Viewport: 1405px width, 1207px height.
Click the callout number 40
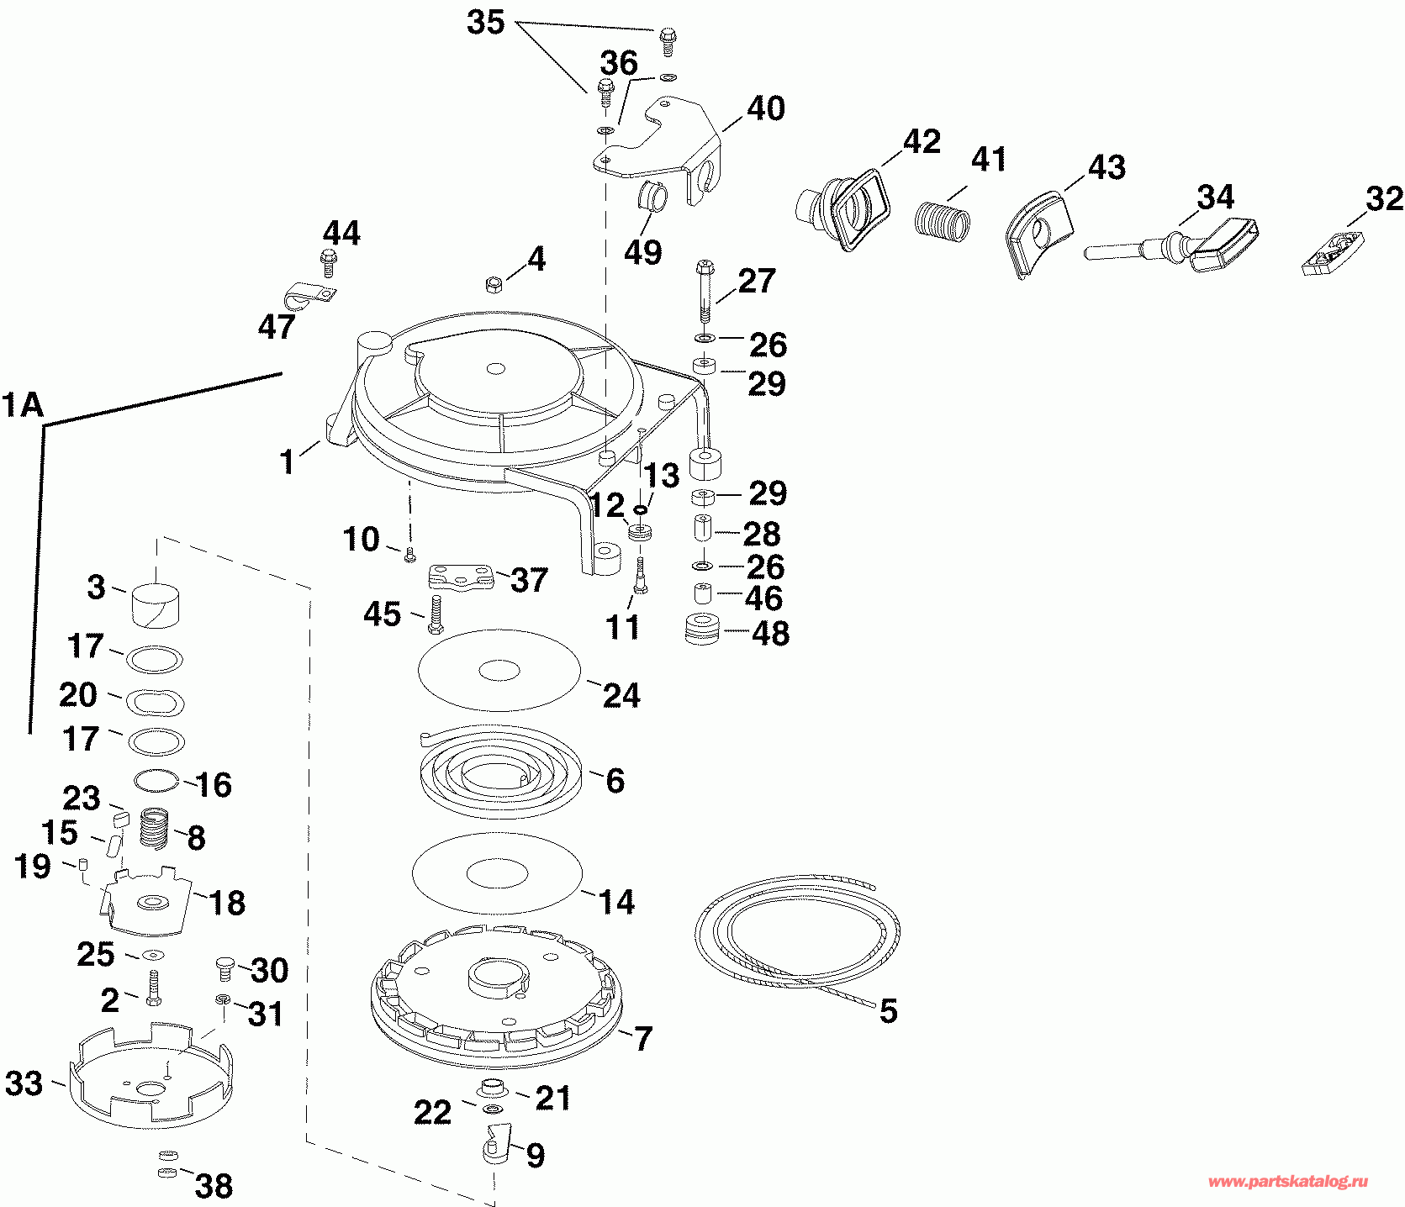point(766,108)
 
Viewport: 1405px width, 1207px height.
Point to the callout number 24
point(621,695)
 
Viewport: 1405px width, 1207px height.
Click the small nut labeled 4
point(494,285)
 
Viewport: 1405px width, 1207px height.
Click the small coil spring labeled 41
point(942,220)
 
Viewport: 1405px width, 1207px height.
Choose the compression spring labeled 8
point(154,828)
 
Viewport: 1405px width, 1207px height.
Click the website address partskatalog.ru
point(1287,1182)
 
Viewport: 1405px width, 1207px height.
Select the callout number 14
point(616,902)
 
